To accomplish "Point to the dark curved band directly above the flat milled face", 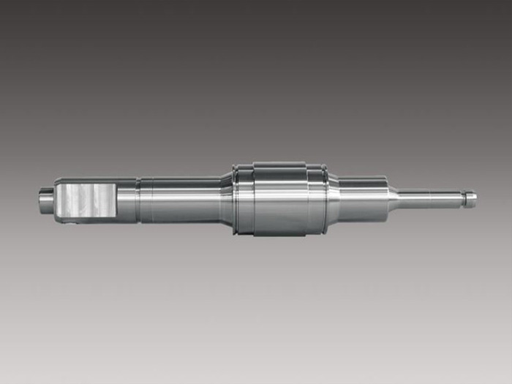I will tap(85, 181).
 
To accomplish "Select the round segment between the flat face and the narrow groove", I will tap(127, 200).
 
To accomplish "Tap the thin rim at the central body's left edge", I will tap(235, 199).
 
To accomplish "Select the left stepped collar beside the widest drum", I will tap(244, 199).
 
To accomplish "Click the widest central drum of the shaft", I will tap(279, 198).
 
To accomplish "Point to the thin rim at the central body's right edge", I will tap(323, 199).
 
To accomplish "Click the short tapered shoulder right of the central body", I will tap(333, 199).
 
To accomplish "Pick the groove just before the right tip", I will tap(463, 197).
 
